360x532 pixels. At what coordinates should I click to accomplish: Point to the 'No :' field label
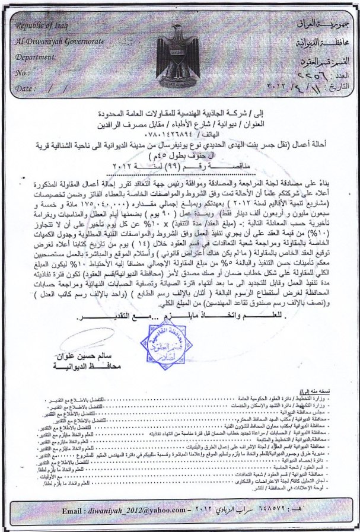pyautogui.click(x=24, y=73)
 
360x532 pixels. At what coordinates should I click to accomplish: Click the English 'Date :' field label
pyautogui.click(x=27, y=88)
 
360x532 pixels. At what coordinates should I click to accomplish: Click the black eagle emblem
pyautogui.click(x=177, y=56)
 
